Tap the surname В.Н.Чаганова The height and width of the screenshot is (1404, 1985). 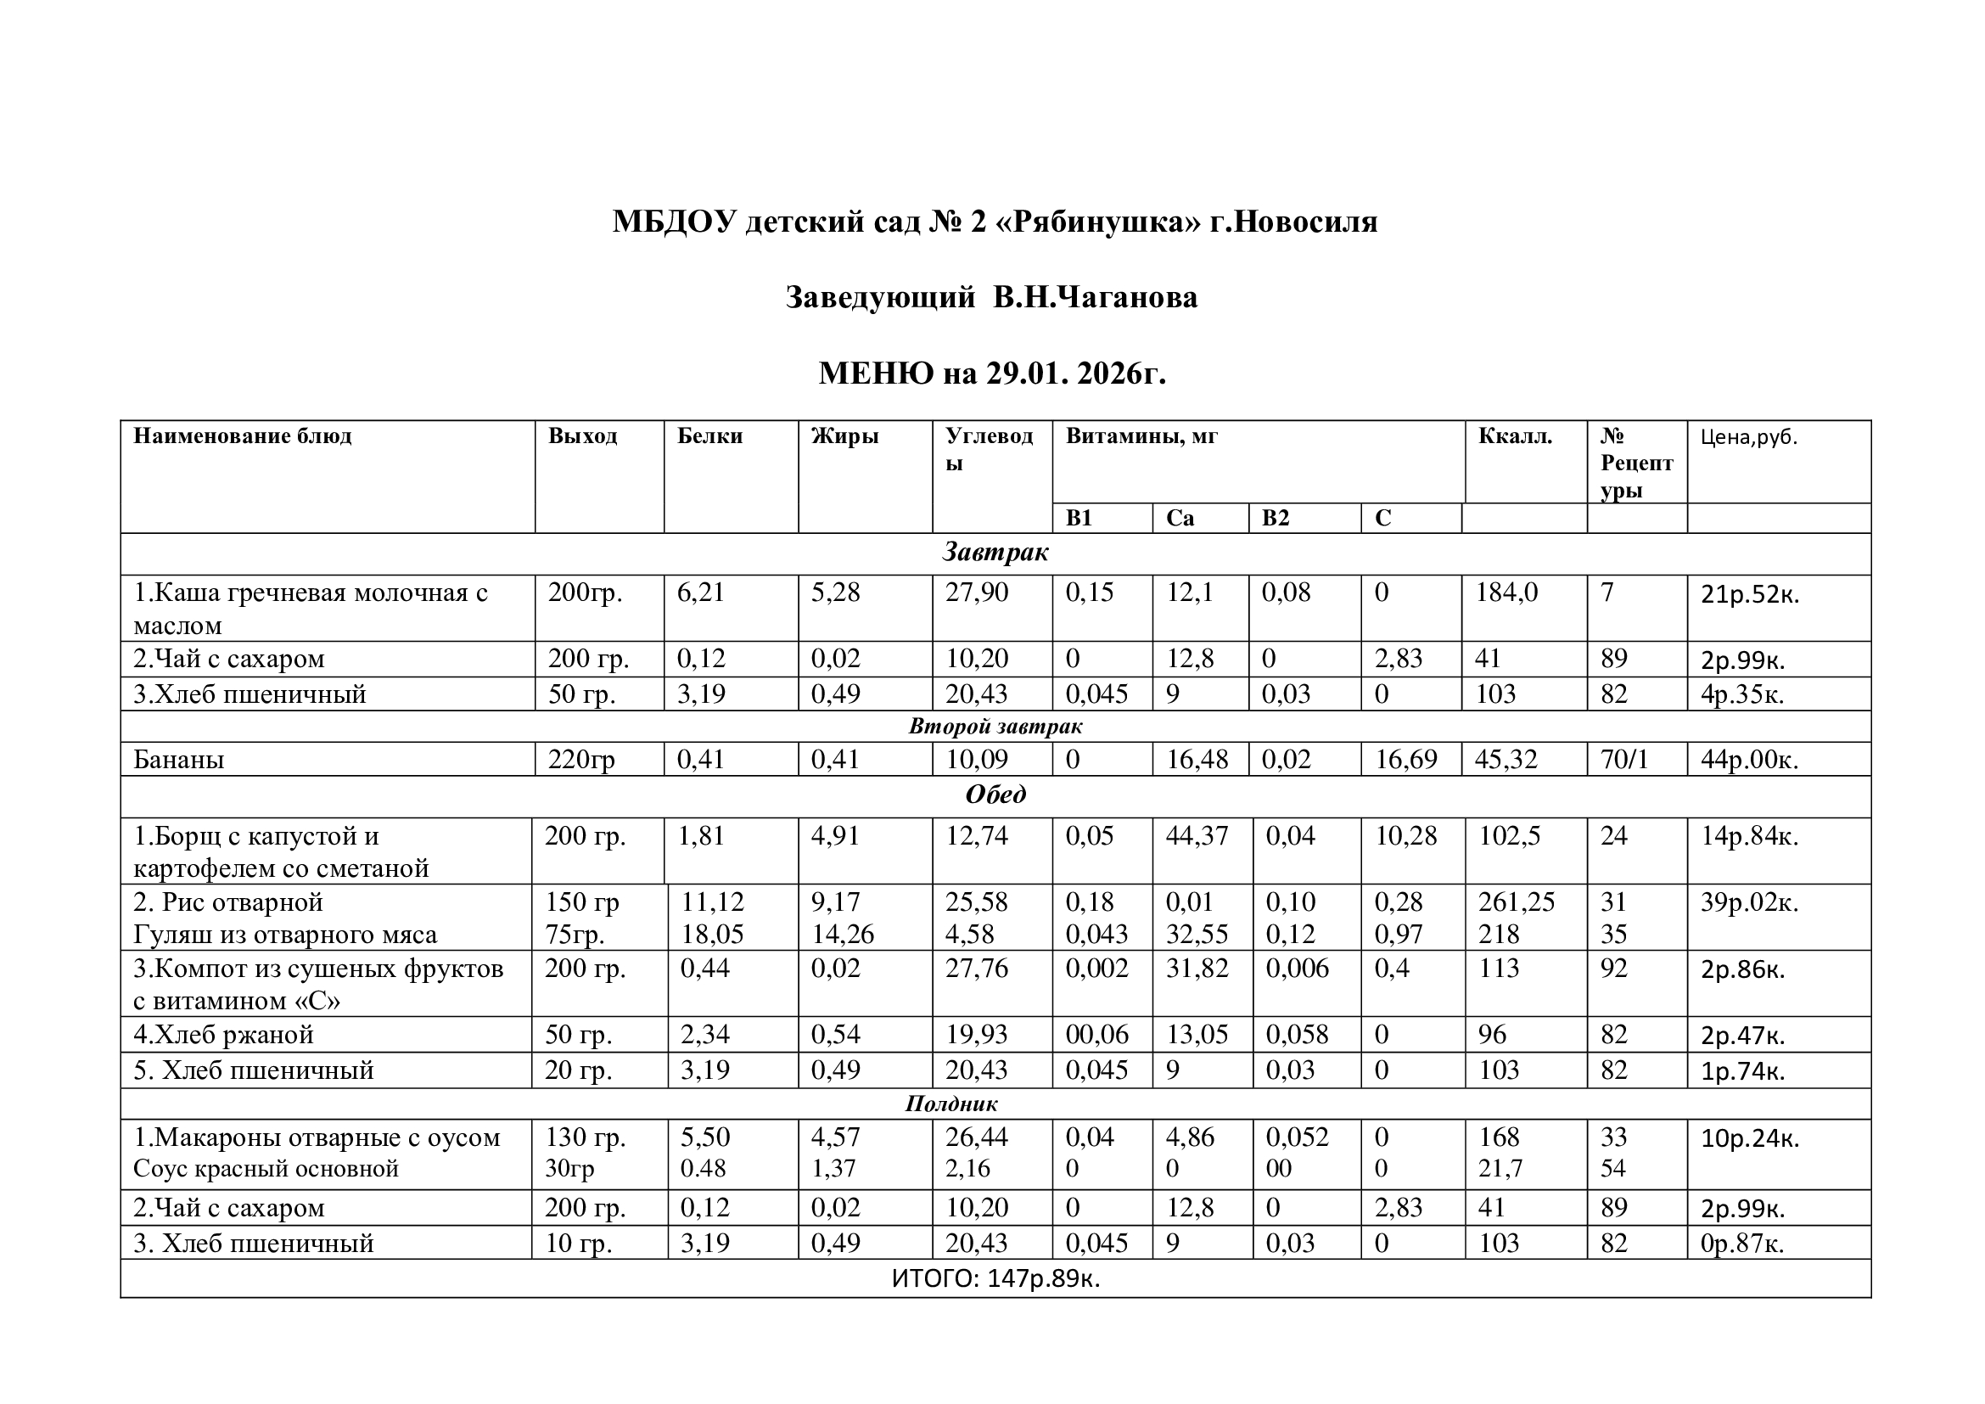pyautogui.click(x=1095, y=297)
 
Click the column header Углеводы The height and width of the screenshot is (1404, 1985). pyautogui.click(x=989, y=449)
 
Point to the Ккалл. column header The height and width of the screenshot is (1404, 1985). pyautogui.click(x=1515, y=435)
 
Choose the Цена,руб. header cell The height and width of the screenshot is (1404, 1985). pyautogui.click(x=1748, y=436)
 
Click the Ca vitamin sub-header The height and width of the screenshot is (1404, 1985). pyautogui.click(x=1180, y=518)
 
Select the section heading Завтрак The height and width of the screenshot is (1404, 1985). pyautogui.click(x=995, y=553)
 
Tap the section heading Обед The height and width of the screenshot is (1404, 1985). pyautogui.click(x=995, y=795)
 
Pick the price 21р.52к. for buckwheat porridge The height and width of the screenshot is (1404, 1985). pyautogui.click(x=1749, y=595)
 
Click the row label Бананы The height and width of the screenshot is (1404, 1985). pyautogui.click(x=179, y=760)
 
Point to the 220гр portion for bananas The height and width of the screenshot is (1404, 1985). pyautogui.click(x=581, y=760)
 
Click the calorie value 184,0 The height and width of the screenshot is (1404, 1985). pyautogui.click(x=1506, y=592)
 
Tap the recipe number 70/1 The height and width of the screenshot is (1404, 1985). pyautogui.click(x=1623, y=760)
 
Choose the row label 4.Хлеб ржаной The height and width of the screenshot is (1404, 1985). pyautogui.click(x=223, y=1035)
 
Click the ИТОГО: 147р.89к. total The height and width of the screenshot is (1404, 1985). pyautogui.click(x=995, y=1278)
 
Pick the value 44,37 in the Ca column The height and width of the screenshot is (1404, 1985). pyautogui.click(x=1197, y=836)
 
